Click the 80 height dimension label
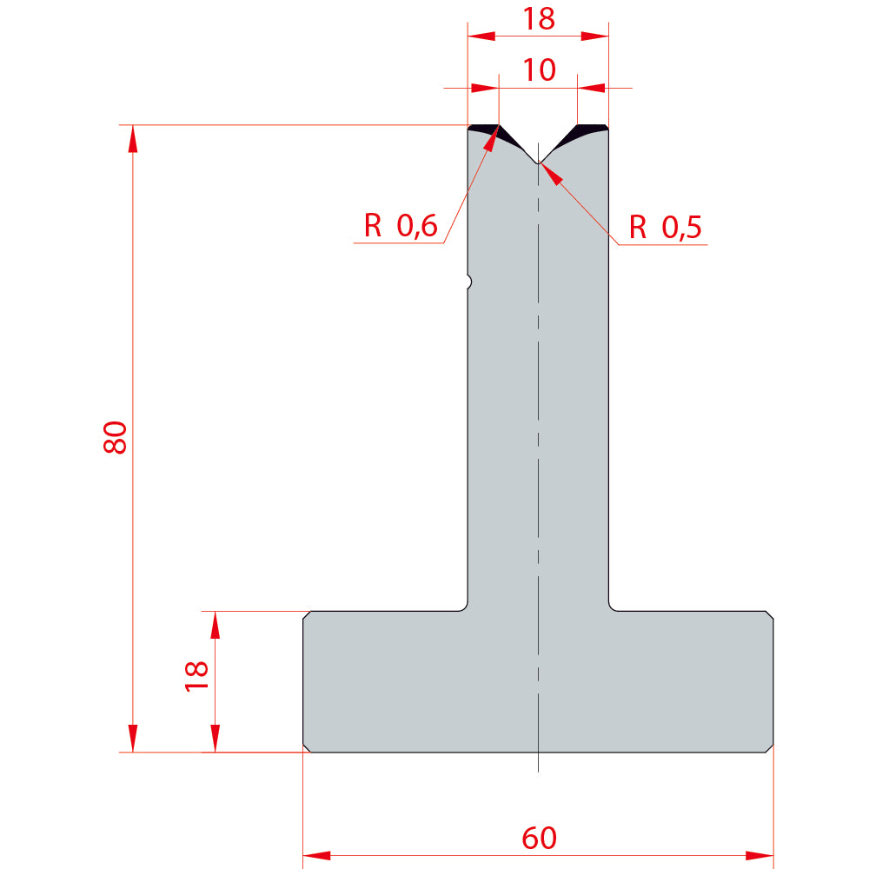tap(116, 437)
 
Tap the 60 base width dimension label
tap(539, 838)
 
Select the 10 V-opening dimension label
tap(539, 70)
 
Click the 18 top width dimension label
tap(539, 19)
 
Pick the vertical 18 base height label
tap(196, 676)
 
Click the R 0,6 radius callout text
tap(401, 226)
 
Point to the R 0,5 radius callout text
tap(665, 227)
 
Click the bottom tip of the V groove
tap(538, 163)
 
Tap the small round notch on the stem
tap(469, 282)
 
